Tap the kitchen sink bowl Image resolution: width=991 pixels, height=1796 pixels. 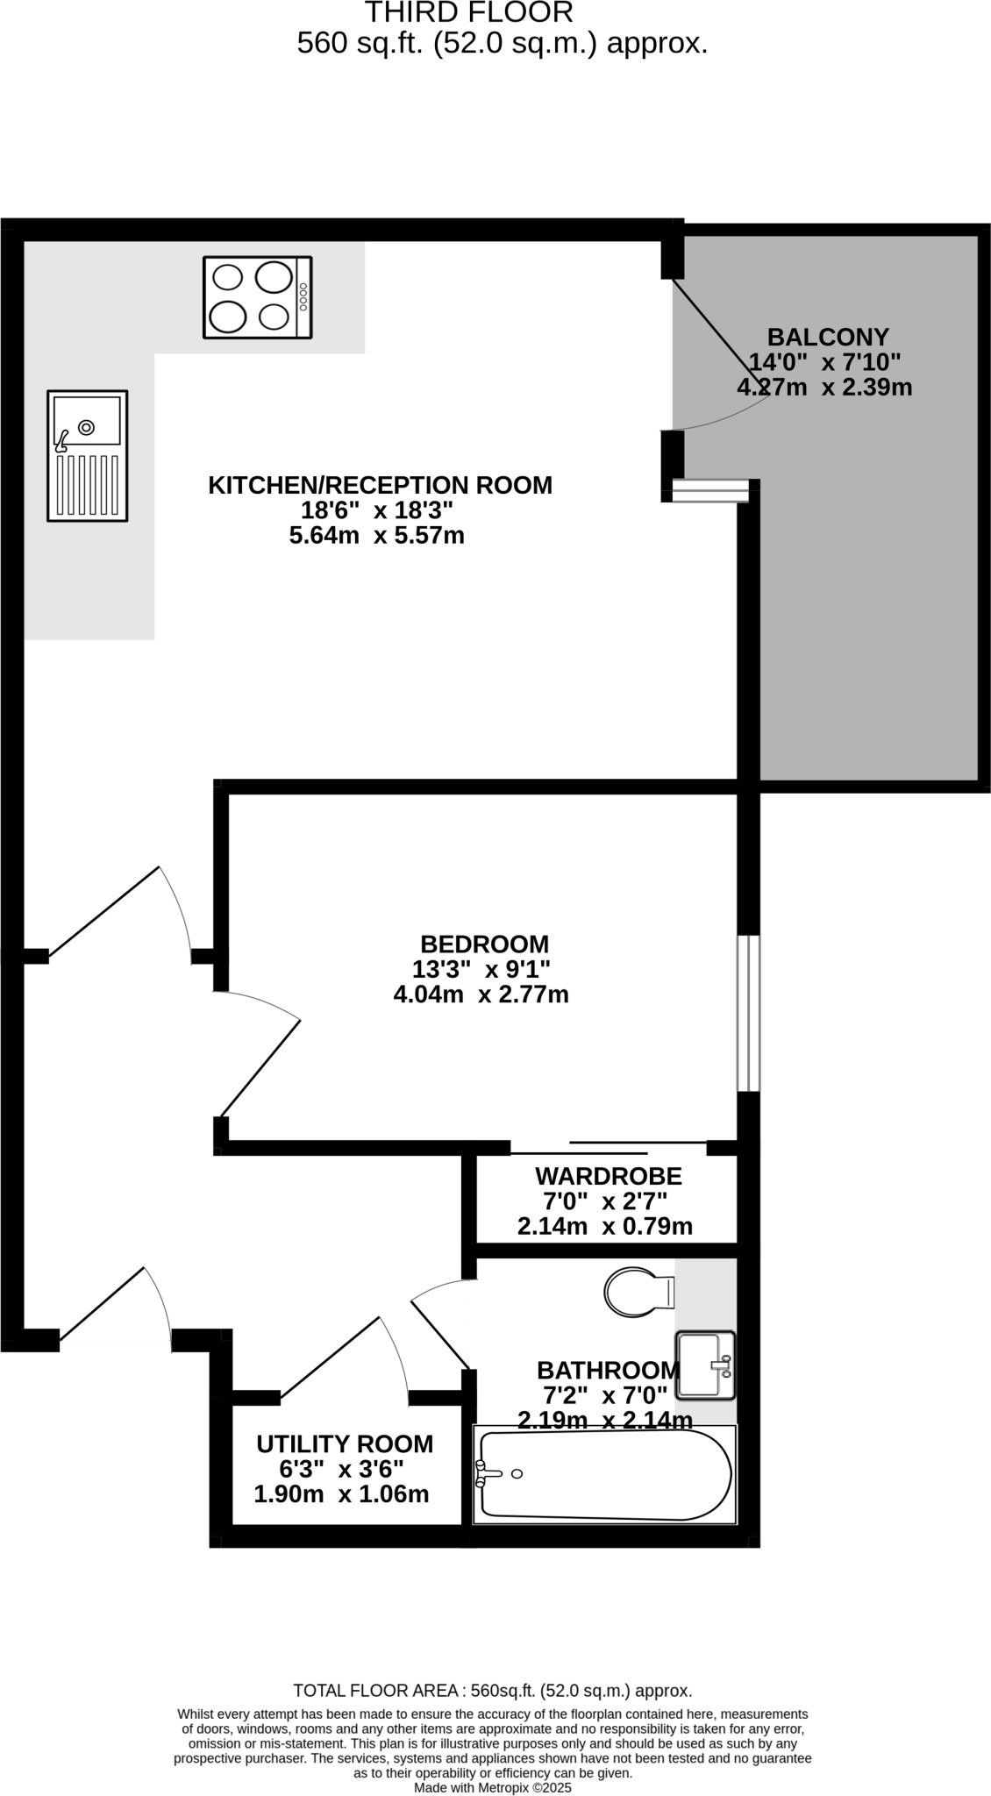coord(86,421)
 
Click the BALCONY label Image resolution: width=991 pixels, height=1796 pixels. coord(828,337)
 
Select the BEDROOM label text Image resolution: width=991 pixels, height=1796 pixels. coord(484,944)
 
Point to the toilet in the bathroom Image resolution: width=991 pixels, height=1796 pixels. coord(638,1291)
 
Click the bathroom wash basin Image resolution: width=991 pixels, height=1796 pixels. coord(704,1365)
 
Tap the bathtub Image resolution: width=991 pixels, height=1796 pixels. coord(603,1475)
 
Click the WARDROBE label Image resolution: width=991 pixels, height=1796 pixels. coord(608,1175)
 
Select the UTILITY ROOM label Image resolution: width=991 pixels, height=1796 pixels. coord(345,1443)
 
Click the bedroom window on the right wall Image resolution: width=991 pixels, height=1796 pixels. coord(748,1013)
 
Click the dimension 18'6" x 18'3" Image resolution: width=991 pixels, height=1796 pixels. coord(377,510)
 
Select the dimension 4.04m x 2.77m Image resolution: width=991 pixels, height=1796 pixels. coord(481,994)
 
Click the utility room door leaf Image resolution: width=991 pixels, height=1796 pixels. coord(330,1355)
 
